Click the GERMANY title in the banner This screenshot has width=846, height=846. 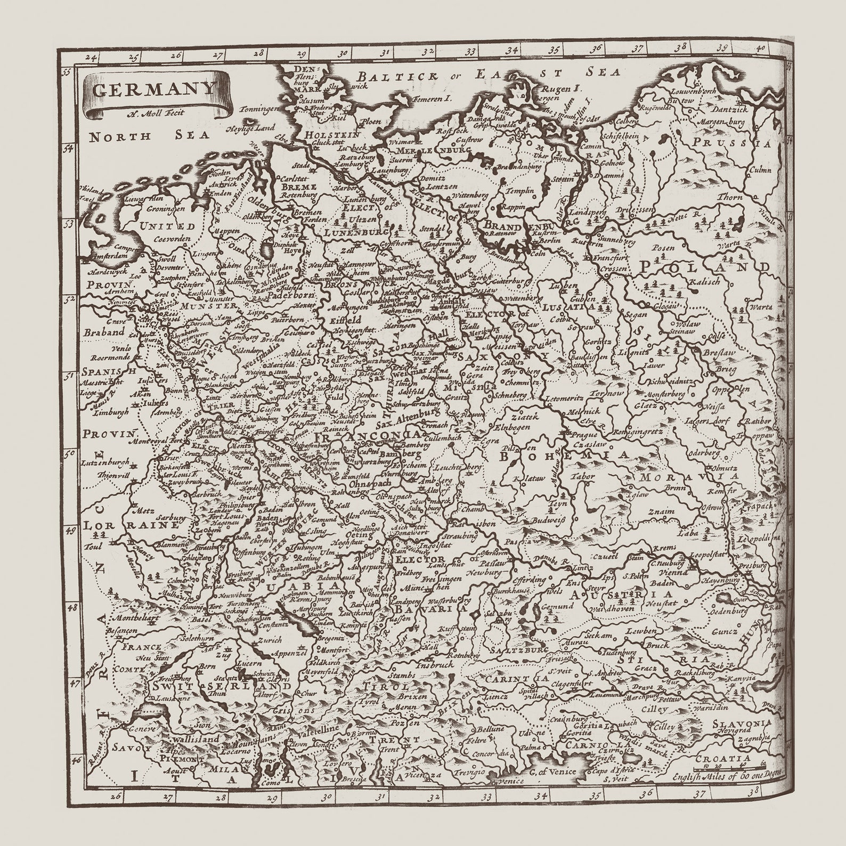point(154,88)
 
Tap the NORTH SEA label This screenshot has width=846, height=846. point(149,136)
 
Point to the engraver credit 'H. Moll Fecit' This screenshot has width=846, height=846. point(154,112)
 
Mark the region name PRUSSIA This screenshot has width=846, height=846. point(733,143)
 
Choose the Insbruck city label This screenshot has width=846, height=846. point(435,665)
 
